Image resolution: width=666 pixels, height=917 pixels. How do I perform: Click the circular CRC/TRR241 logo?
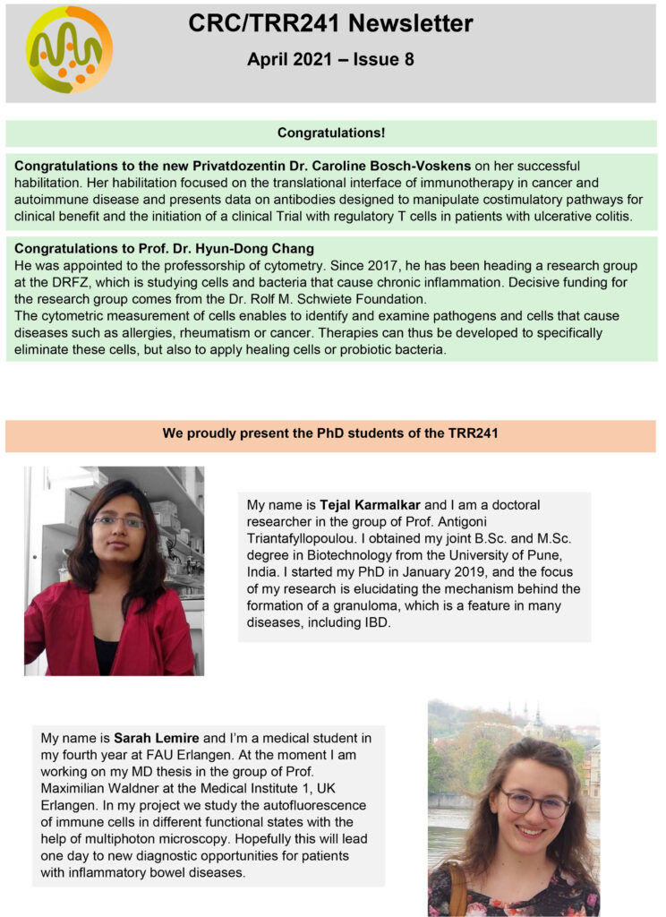coord(69,50)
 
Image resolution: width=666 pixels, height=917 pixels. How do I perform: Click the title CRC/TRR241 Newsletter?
coord(330,24)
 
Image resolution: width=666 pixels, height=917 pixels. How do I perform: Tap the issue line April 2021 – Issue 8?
coord(330,60)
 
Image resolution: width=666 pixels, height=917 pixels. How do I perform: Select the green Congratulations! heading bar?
coord(330,133)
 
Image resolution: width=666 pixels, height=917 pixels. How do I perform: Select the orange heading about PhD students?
coord(330,434)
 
